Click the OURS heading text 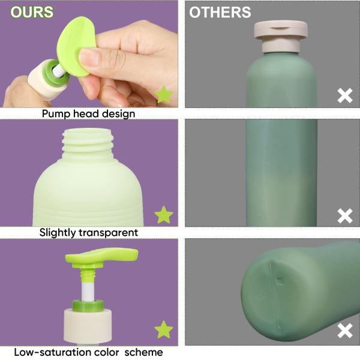click(x=32, y=12)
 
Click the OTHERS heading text click(x=220, y=12)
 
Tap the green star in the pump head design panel click(x=163, y=94)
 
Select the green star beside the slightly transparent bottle click(x=163, y=214)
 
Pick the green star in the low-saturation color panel click(x=163, y=329)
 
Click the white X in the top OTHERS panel click(x=344, y=95)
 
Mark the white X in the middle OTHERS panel click(x=344, y=215)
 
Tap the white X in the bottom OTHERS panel click(x=344, y=331)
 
